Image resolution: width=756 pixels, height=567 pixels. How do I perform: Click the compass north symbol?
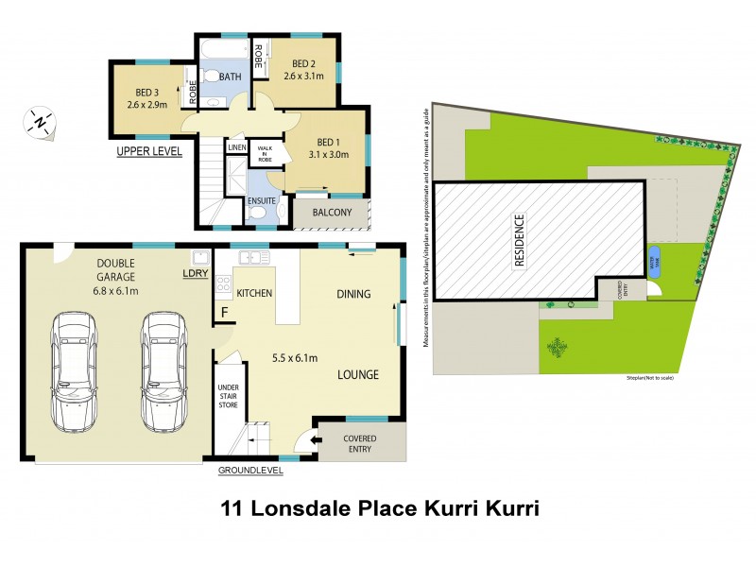pos(41,123)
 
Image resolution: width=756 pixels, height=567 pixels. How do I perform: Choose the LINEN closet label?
pos(236,148)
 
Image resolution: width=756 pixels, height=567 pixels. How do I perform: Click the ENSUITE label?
pos(262,200)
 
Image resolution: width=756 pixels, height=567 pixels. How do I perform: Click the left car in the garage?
pos(75,371)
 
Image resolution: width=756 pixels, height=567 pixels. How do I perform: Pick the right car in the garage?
pos(162,371)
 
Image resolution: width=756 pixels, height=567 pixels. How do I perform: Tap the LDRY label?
pos(196,274)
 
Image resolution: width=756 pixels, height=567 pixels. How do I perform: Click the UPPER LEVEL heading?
pos(148,151)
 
